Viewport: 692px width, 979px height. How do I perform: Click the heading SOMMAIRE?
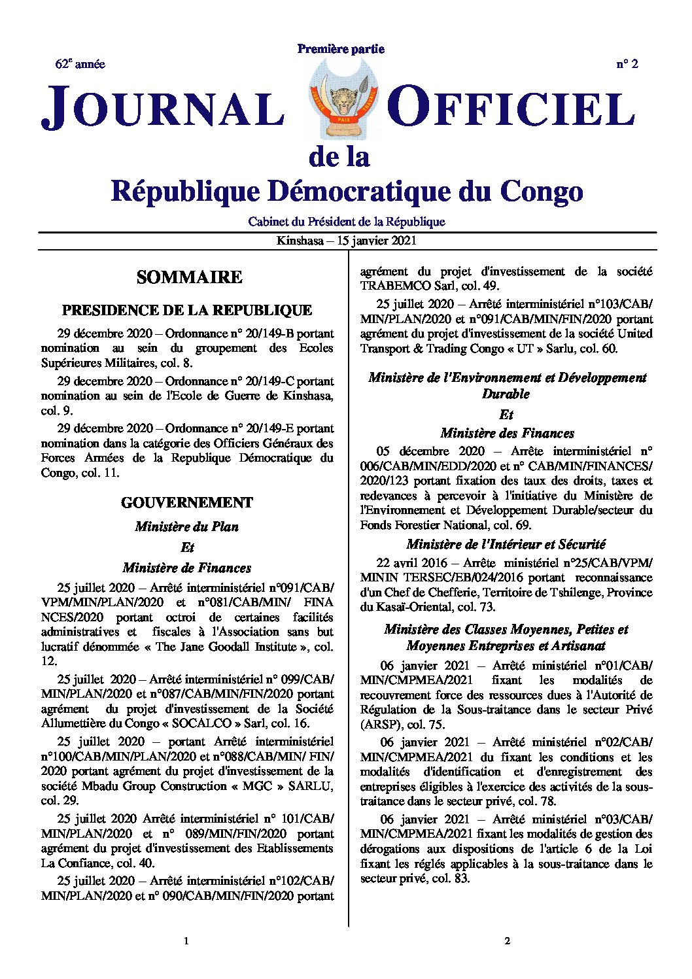pyautogui.click(x=189, y=277)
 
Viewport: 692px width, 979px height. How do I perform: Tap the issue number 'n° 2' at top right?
pyautogui.click(x=627, y=64)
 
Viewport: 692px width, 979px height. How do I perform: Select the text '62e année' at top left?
pyautogui.click(x=80, y=64)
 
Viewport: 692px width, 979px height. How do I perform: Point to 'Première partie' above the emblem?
pyautogui.click(x=341, y=49)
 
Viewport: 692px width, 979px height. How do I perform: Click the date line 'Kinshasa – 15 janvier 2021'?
pyautogui.click(x=346, y=241)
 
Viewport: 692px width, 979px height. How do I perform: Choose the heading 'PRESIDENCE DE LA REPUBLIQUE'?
pyautogui.click(x=187, y=310)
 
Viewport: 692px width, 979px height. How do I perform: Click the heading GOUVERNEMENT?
pyautogui.click(x=187, y=502)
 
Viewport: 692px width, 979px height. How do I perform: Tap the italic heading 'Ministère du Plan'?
pyautogui.click(x=187, y=526)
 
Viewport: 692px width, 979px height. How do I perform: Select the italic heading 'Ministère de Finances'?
pyautogui.click(x=187, y=568)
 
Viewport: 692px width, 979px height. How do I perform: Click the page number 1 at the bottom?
pyautogui.click(x=186, y=941)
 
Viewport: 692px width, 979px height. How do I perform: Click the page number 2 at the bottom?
pyautogui.click(x=507, y=941)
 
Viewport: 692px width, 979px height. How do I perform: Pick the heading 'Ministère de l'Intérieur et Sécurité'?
pyautogui.click(x=506, y=544)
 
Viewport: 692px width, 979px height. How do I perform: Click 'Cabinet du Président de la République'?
pyautogui.click(x=346, y=222)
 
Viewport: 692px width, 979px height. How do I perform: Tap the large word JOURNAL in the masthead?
pyautogui.click(x=164, y=108)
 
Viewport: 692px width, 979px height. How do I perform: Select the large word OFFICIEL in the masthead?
pyautogui.click(x=511, y=108)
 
